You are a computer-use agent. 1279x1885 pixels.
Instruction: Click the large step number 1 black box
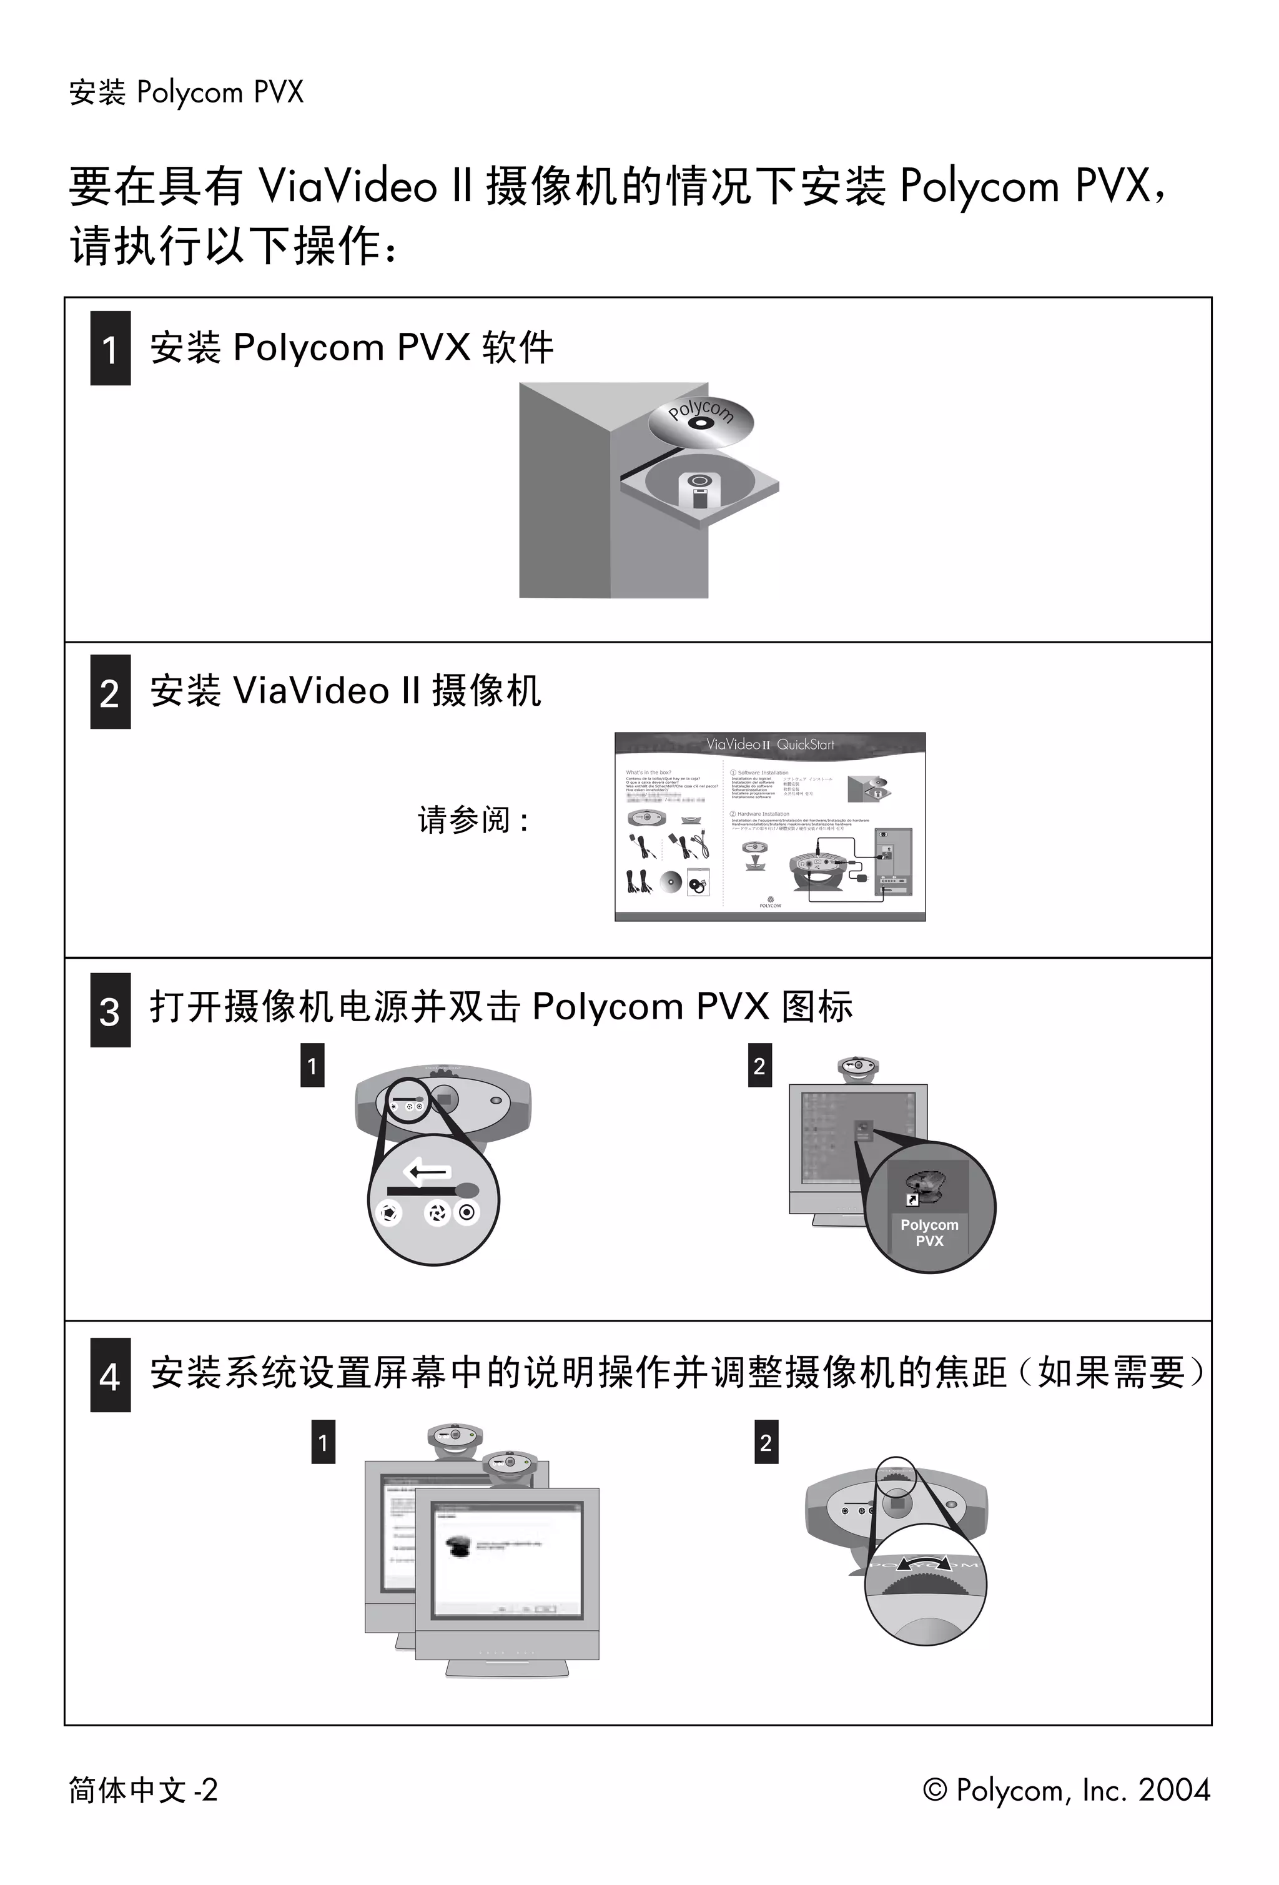pyautogui.click(x=111, y=348)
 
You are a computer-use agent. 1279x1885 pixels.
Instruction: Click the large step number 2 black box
pyautogui.click(x=111, y=692)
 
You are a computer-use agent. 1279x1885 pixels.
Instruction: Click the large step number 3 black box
pyautogui.click(x=111, y=1010)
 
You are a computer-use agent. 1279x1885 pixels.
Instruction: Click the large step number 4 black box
pyautogui.click(x=111, y=1375)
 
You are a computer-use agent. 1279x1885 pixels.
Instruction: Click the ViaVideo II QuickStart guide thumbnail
pyautogui.click(x=769, y=826)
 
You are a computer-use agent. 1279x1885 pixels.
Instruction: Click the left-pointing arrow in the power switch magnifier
pyautogui.click(x=427, y=1171)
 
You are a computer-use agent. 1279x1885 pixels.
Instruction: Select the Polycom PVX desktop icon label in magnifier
pyautogui.click(x=929, y=1233)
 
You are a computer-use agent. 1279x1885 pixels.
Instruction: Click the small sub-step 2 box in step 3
pyautogui.click(x=759, y=1066)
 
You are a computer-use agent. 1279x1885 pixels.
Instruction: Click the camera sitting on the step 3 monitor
pyautogui.click(x=858, y=1069)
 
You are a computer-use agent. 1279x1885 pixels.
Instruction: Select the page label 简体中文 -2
pyautogui.click(x=144, y=1789)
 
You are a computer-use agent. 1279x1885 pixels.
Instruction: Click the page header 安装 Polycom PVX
pyautogui.click(x=185, y=92)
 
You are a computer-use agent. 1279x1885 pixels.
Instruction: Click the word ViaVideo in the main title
pyautogui.click(x=348, y=186)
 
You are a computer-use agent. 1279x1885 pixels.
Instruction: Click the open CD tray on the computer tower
pyautogui.click(x=699, y=487)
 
